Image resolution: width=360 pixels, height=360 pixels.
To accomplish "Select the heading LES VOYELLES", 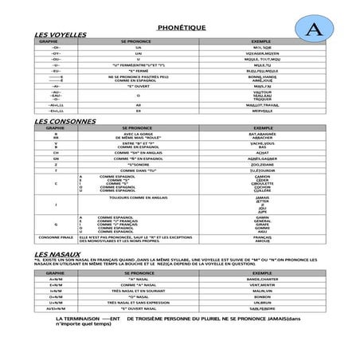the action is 60,37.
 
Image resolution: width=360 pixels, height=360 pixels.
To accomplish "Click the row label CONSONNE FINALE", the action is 56,237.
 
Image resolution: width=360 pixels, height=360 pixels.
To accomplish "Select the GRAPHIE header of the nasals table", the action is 56,272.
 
